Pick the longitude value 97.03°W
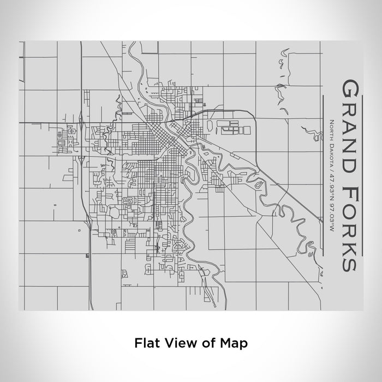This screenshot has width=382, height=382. click(x=331, y=216)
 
